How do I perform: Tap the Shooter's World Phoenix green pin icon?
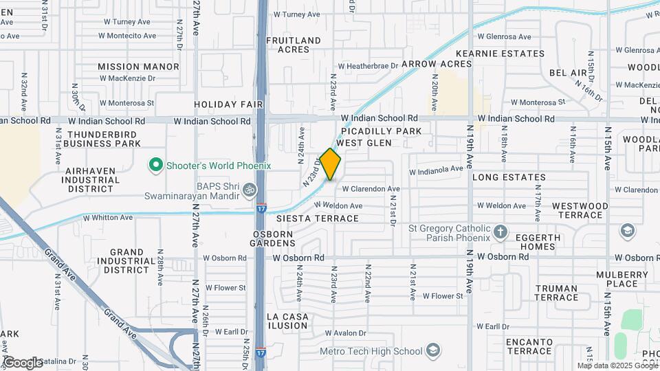click(x=155, y=166)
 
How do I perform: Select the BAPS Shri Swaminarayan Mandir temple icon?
click(x=251, y=188)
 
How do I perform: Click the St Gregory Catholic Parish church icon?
click(x=500, y=232)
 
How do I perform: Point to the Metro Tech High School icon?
click(x=432, y=351)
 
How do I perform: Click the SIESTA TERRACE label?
click(x=318, y=218)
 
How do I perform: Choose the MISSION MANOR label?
click(x=138, y=67)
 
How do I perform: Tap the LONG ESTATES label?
click(x=509, y=177)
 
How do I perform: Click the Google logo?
click(x=23, y=362)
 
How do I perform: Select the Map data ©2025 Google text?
click(x=617, y=366)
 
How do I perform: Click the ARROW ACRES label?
click(x=437, y=64)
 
